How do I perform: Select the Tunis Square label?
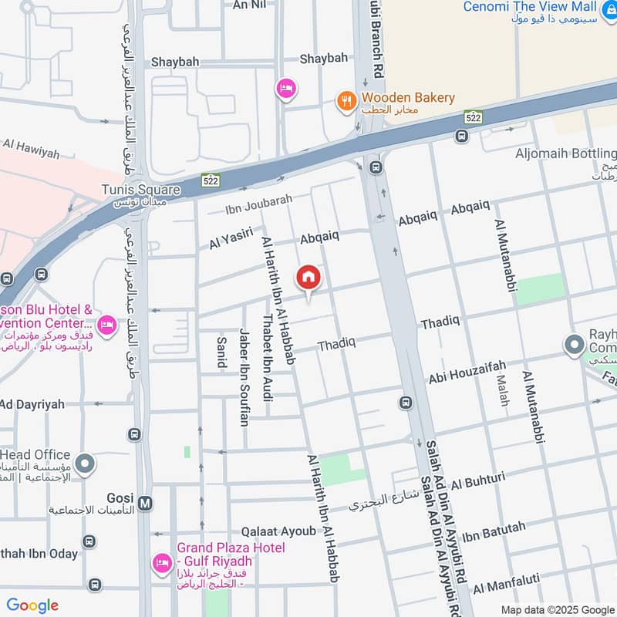[140, 190]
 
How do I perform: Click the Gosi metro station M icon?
[147, 504]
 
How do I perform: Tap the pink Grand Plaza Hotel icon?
[161, 562]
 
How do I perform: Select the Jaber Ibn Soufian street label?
[244, 377]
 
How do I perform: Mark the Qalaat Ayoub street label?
[278, 531]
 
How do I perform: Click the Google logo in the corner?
[32, 605]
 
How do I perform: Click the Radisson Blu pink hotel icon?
[107, 325]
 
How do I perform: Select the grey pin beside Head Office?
[86, 464]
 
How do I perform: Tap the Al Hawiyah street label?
[31, 148]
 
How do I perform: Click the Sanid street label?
[222, 352]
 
